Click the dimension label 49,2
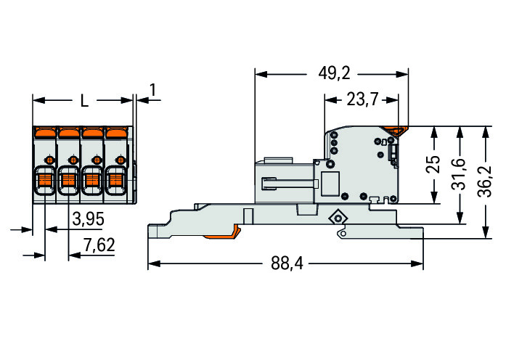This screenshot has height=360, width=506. pyautogui.click(x=335, y=74)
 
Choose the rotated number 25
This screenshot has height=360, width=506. pyautogui.click(x=433, y=165)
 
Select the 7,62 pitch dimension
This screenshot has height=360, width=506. pyautogui.click(x=99, y=245)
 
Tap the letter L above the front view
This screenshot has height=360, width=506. pyautogui.click(x=84, y=102)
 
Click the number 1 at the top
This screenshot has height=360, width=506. pyautogui.click(x=152, y=90)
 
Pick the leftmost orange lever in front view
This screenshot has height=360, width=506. pyautogui.click(x=46, y=132)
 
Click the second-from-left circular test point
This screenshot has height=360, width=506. pyautogui.click(x=72, y=159)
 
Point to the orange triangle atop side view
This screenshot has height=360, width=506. pyautogui.click(x=398, y=131)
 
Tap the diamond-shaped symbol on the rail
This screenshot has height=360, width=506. pyautogui.click(x=336, y=217)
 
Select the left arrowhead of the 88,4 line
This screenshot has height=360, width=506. pyautogui.click(x=152, y=263)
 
